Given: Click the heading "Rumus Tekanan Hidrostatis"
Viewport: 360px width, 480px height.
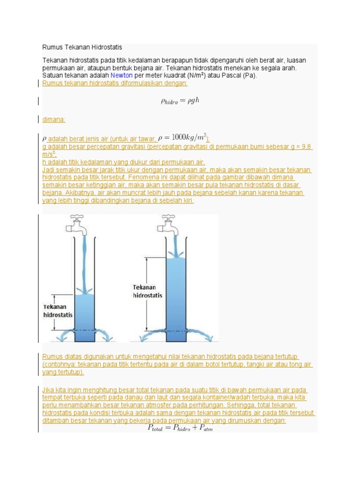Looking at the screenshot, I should pyautogui.click(x=82, y=48).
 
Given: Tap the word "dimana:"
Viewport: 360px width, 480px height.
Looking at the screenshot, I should pyautogui.click(x=54, y=120).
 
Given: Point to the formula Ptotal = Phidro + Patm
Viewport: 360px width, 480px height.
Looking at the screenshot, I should pyautogui.click(x=180, y=428).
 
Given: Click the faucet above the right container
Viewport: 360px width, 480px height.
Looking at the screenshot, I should pyautogui.click(x=168, y=224).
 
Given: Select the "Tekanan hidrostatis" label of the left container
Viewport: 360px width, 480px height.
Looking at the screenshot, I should pyautogui.click(x=58, y=311).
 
